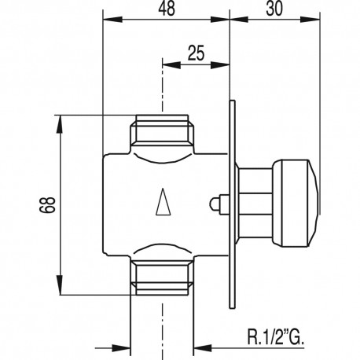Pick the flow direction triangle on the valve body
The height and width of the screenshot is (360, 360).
(163, 204)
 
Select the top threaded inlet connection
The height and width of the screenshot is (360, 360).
(162, 134)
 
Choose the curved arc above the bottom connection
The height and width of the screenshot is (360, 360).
(162, 250)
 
